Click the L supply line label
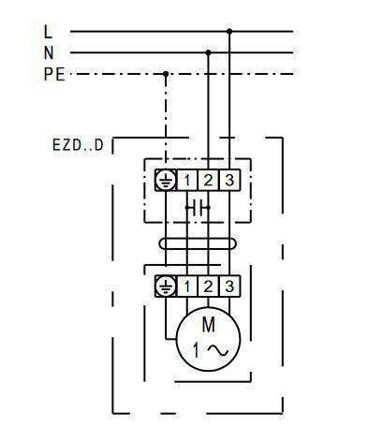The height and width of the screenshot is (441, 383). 48,32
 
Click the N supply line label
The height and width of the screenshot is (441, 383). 49,52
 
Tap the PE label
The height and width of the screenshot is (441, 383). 54,74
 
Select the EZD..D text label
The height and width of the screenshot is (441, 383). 78,145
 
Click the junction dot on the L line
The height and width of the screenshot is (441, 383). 229,31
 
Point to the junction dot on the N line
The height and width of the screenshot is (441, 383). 208,52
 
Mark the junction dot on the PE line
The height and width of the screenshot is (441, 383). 166,74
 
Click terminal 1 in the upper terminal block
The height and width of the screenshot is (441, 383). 187,180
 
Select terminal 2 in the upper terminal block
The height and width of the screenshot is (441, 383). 208,180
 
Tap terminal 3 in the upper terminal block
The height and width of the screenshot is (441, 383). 229,180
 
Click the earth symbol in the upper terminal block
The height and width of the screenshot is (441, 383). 166,180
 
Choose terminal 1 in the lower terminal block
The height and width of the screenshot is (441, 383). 187,287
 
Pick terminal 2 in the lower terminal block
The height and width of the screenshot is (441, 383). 208,287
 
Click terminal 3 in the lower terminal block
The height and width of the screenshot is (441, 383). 229,287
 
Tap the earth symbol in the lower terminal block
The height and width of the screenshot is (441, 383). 166,287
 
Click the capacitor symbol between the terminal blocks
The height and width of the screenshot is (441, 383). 198,207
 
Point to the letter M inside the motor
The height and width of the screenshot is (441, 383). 209,325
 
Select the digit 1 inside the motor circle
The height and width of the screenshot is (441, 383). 196,350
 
